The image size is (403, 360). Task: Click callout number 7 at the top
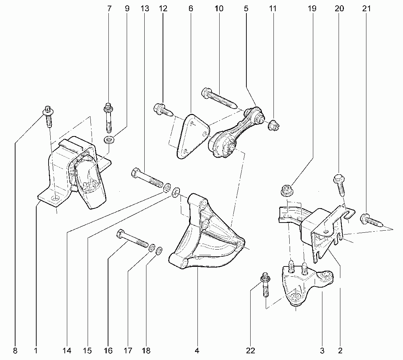pos(109,8)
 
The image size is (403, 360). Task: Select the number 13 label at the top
pos(145,8)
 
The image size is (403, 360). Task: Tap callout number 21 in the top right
pos(366,8)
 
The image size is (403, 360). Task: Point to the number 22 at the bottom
pos(250,351)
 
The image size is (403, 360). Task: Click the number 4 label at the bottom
pos(197,351)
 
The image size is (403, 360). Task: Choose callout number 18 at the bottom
pos(146,351)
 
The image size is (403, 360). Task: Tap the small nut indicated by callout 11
pos(273,125)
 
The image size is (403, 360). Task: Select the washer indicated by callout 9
pos(109,140)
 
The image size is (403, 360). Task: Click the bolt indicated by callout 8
pos(48,116)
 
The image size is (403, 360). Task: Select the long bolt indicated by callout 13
pos(147,177)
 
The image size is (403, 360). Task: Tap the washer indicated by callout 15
pos(176,192)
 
